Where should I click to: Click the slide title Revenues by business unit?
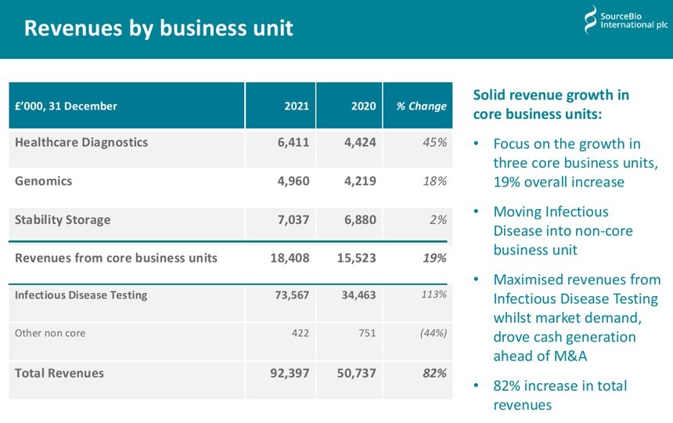pos(158,29)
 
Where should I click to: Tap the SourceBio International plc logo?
pos(625,20)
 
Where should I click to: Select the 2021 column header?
pos(297,107)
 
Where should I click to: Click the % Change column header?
pos(421,107)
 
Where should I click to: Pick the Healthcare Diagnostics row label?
pos(81,143)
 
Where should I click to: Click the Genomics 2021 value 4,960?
pos(293,181)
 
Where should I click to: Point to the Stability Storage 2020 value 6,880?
pos(360,220)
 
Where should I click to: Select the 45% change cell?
pos(434,143)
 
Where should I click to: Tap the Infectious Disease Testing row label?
pos(81,295)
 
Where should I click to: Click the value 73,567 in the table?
pos(290,295)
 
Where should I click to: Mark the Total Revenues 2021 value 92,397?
pos(290,373)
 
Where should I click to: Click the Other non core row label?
pos(50,333)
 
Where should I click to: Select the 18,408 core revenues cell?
pos(290,258)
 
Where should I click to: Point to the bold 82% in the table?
pos(434,373)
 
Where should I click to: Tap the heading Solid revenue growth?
pos(551,96)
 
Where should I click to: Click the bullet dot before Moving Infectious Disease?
pos(477,212)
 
